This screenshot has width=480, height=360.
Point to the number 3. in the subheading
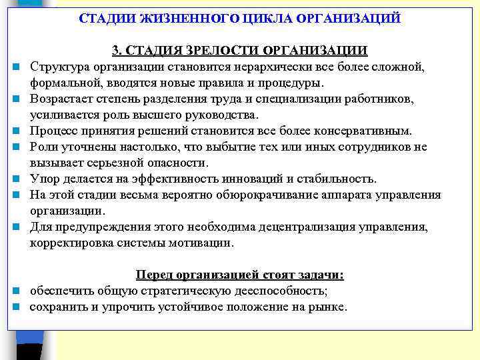(x=116, y=51)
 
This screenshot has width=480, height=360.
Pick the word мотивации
(x=201, y=243)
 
